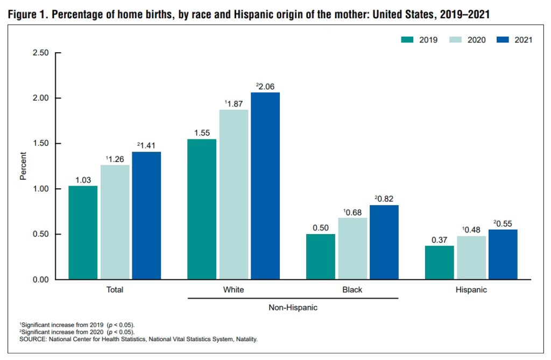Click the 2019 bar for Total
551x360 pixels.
click(x=83, y=232)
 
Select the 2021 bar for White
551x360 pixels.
click(x=265, y=186)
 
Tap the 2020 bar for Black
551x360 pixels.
click(x=352, y=249)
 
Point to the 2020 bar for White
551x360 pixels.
click(x=234, y=194)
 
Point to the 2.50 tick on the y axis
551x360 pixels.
click(x=40, y=53)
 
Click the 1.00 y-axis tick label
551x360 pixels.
click(x=40, y=189)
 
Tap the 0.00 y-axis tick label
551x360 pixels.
click(x=40, y=280)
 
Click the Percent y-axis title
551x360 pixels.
click(x=23, y=166)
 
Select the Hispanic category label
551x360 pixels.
click(x=471, y=290)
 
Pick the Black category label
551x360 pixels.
click(x=352, y=290)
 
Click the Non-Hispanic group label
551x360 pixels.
click(x=293, y=308)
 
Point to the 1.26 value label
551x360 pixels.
click(x=115, y=158)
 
